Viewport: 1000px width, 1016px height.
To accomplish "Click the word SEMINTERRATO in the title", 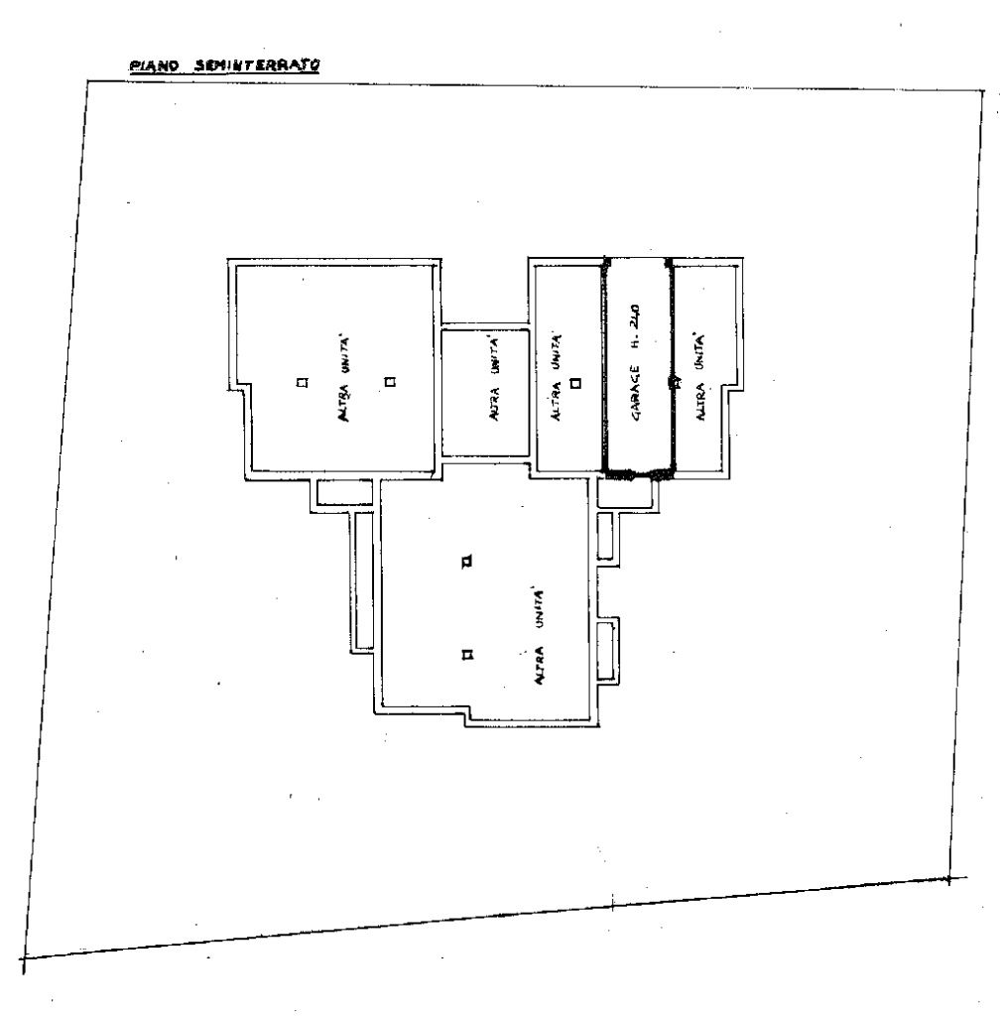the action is (x=257, y=65).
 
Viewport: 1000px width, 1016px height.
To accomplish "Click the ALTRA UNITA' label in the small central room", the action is (x=494, y=379).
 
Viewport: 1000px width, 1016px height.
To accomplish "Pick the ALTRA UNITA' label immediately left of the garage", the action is (x=556, y=378).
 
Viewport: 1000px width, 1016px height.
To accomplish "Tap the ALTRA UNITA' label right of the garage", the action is (x=700, y=377).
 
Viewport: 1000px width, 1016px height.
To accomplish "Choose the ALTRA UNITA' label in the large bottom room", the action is (x=539, y=638).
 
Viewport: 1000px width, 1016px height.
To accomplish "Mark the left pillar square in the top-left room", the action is (x=302, y=383).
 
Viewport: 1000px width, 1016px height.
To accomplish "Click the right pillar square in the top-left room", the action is (x=389, y=382).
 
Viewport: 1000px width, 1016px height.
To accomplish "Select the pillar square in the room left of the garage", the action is (x=575, y=383).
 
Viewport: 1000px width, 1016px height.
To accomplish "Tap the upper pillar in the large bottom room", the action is (x=467, y=562).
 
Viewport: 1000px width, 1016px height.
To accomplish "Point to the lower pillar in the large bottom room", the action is (x=466, y=655).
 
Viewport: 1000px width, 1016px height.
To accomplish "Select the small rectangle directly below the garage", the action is (x=624, y=494).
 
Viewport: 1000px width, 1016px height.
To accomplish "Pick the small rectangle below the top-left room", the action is (x=345, y=492).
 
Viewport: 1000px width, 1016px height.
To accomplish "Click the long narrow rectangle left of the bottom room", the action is (x=364, y=580).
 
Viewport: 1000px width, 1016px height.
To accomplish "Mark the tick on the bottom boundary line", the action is (x=613, y=902).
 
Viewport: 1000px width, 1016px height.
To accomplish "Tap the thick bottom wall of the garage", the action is (x=638, y=475).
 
